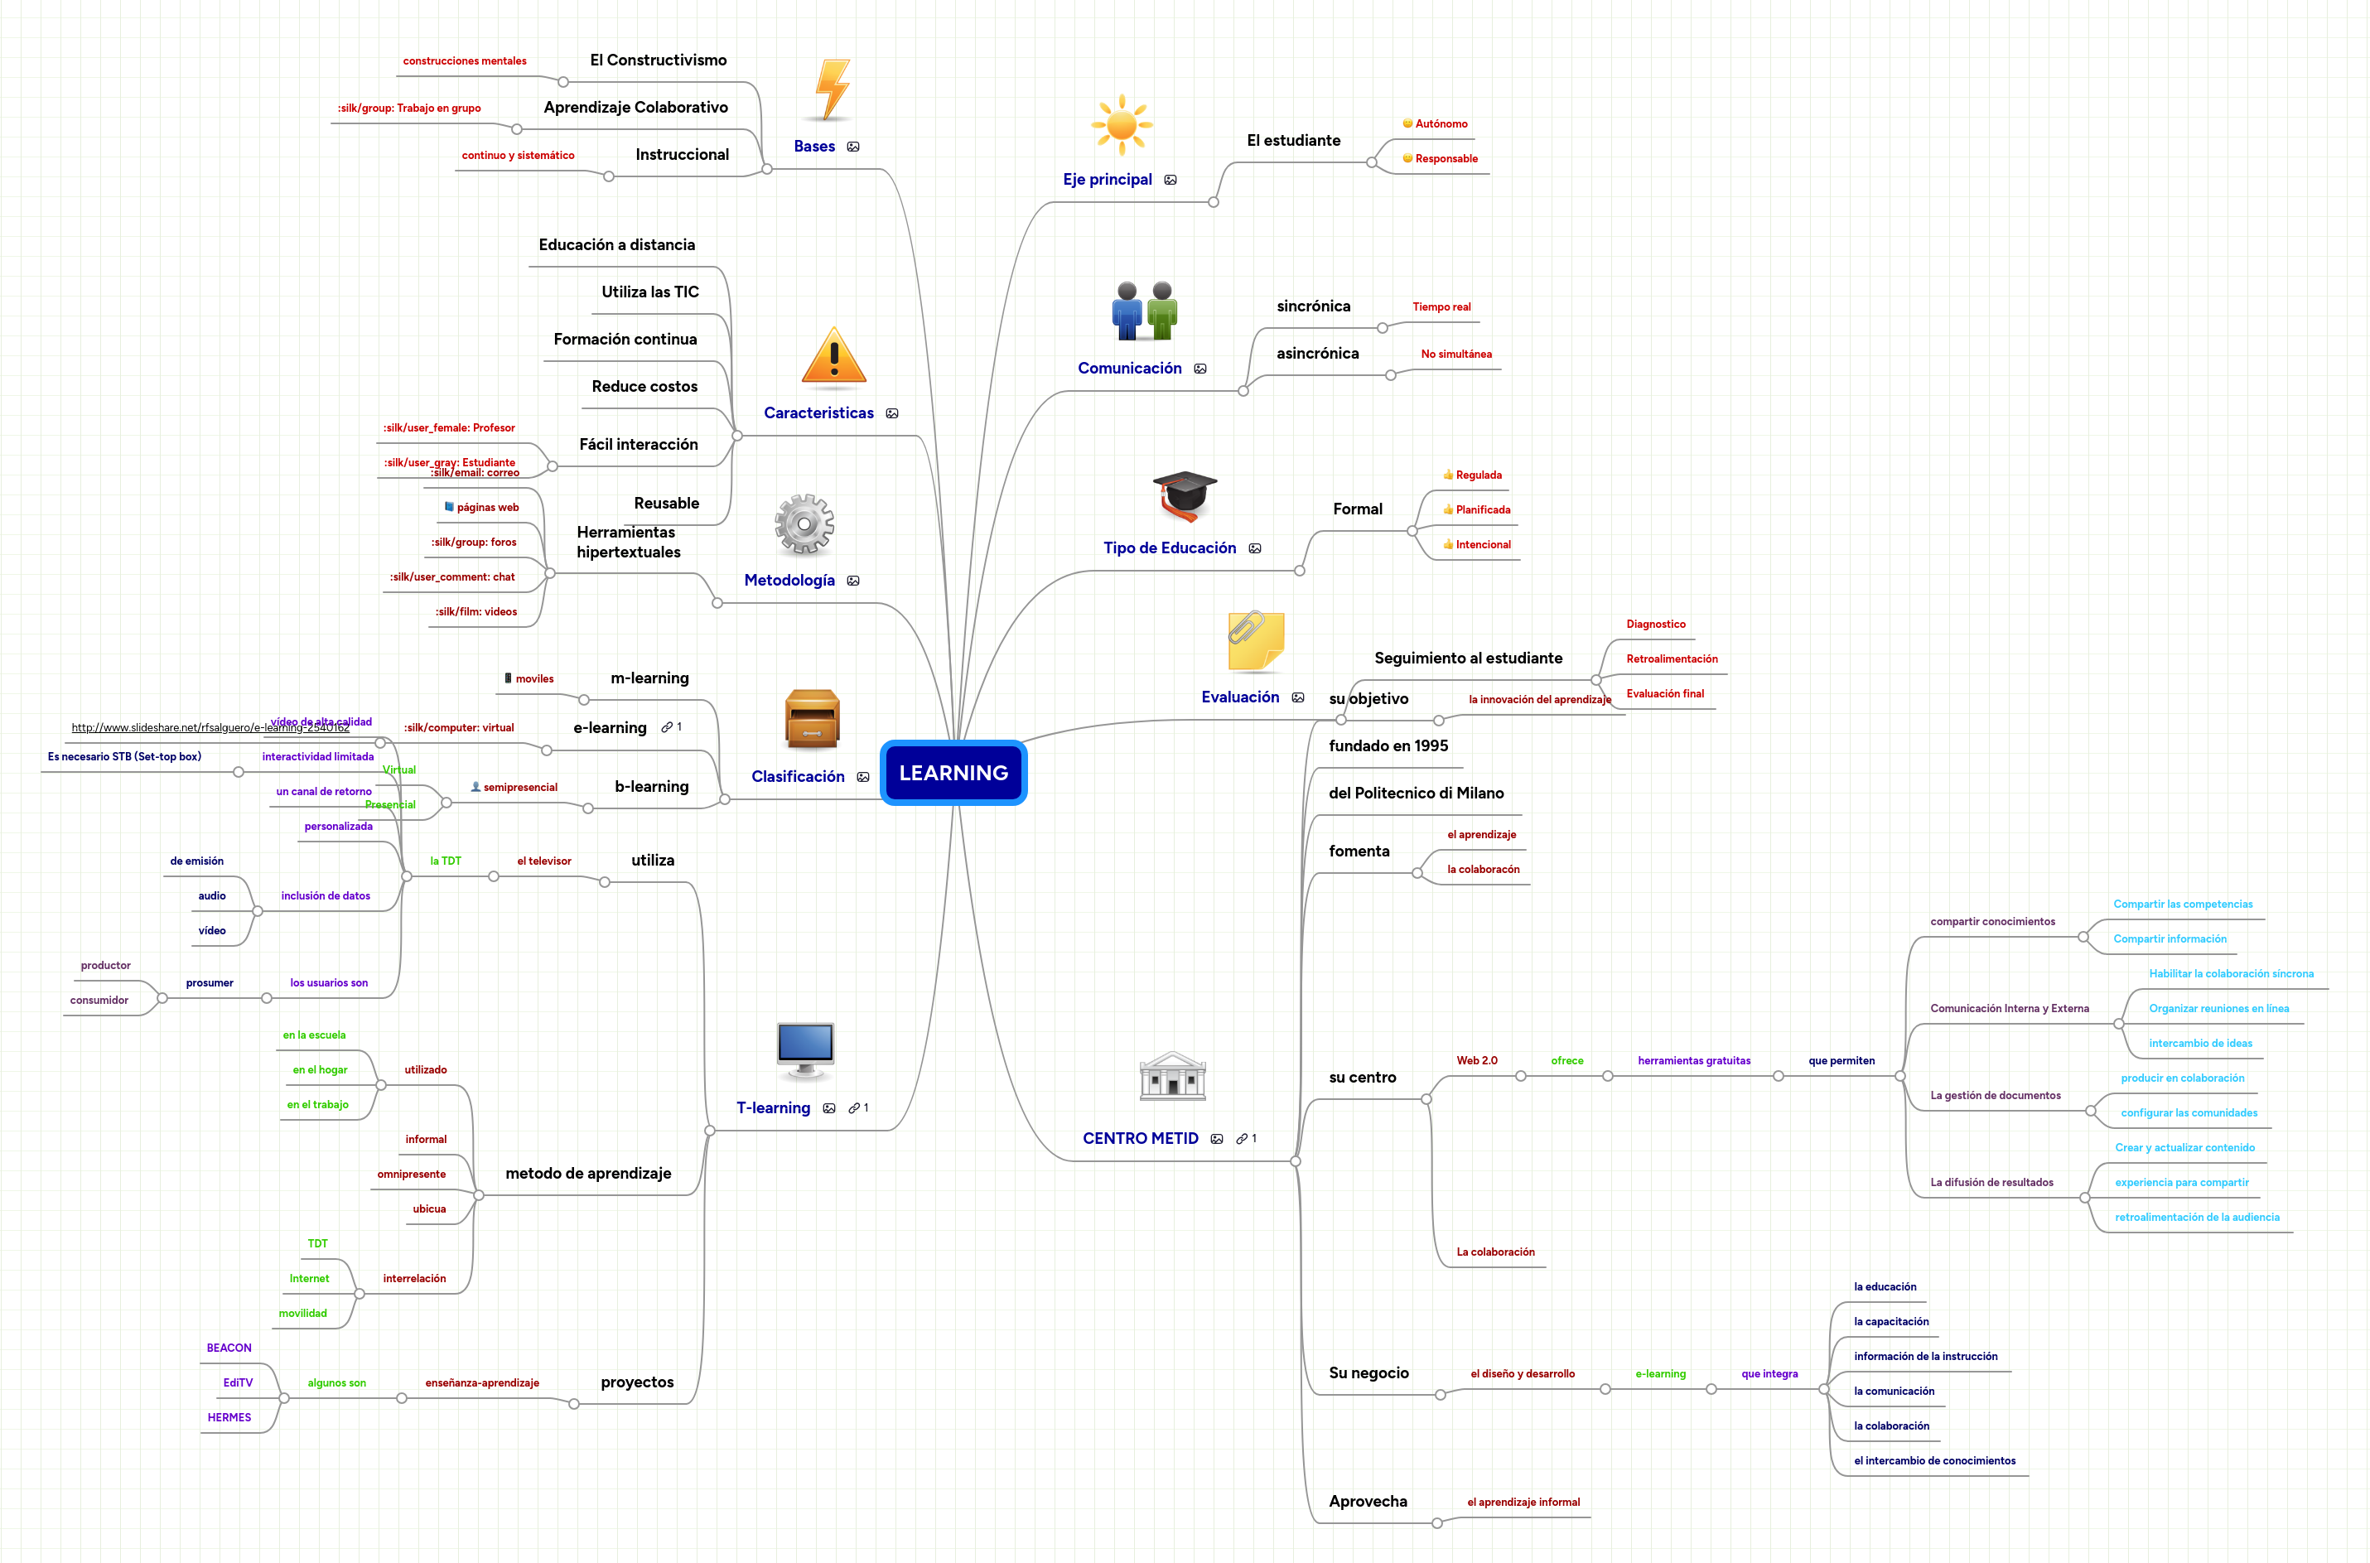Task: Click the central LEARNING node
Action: [953, 773]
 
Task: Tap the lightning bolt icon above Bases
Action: [831, 89]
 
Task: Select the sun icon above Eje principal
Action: [1122, 124]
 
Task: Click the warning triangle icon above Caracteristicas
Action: [834, 356]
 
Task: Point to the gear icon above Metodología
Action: [804, 523]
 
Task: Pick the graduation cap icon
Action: [1184, 495]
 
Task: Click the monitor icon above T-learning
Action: [805, 1049]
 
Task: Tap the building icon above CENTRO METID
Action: [1172, 1077]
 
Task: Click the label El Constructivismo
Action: [658, 60]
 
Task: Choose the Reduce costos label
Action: [644, 387]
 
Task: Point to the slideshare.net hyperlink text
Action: [210, 728]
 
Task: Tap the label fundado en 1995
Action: [1388, 745]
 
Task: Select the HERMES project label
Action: [229, 1417]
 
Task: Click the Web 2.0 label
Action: [1476, 1060]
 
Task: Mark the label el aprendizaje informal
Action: [1523, 1503]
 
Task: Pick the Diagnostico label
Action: [1655, 624]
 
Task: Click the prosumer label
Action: [210, 983]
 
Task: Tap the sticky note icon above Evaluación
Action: [1255, 641]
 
